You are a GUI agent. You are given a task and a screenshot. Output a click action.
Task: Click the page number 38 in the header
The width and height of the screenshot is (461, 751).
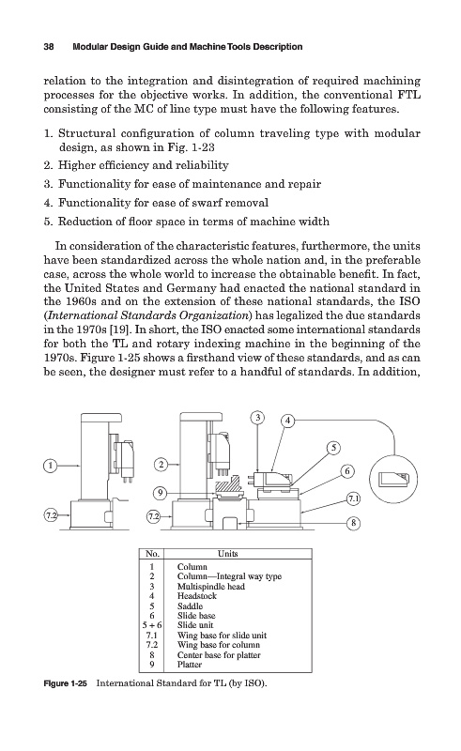pos(49,47)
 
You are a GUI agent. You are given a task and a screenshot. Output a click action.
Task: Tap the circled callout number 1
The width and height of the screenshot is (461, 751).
pos(51,465)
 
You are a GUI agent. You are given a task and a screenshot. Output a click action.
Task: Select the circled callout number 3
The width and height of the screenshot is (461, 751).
pos(258,418)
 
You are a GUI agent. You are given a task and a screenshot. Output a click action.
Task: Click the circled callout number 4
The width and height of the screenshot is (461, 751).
pos(287,421)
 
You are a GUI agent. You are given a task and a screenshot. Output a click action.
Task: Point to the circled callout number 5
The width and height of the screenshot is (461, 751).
pos(333,449)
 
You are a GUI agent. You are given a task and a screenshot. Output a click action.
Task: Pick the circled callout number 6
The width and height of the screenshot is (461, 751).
pos(347,471)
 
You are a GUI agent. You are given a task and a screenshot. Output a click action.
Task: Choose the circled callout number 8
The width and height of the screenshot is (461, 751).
pos(353,523)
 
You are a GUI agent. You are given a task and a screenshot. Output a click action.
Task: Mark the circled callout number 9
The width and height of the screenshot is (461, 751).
pos(161,492)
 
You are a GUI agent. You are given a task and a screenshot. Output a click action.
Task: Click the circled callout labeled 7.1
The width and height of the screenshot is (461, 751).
pos(353,498)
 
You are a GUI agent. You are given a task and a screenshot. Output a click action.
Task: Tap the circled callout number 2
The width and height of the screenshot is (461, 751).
pos(161,464)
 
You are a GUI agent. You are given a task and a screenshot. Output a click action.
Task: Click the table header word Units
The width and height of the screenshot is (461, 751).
pos(227,554)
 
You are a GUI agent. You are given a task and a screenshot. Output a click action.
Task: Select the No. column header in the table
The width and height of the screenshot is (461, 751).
pos(152,554)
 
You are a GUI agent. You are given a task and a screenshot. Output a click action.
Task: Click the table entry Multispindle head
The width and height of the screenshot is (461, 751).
pos(211,587)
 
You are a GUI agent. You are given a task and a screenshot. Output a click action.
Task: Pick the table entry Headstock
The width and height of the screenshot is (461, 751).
pos(197,596)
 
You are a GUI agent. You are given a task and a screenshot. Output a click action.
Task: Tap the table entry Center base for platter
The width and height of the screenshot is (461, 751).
pos(219,655)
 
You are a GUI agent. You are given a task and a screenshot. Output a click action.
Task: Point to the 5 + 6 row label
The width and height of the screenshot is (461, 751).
pos(152,625)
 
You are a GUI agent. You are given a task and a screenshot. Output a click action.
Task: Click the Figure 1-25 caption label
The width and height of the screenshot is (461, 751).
pos(65,683)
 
